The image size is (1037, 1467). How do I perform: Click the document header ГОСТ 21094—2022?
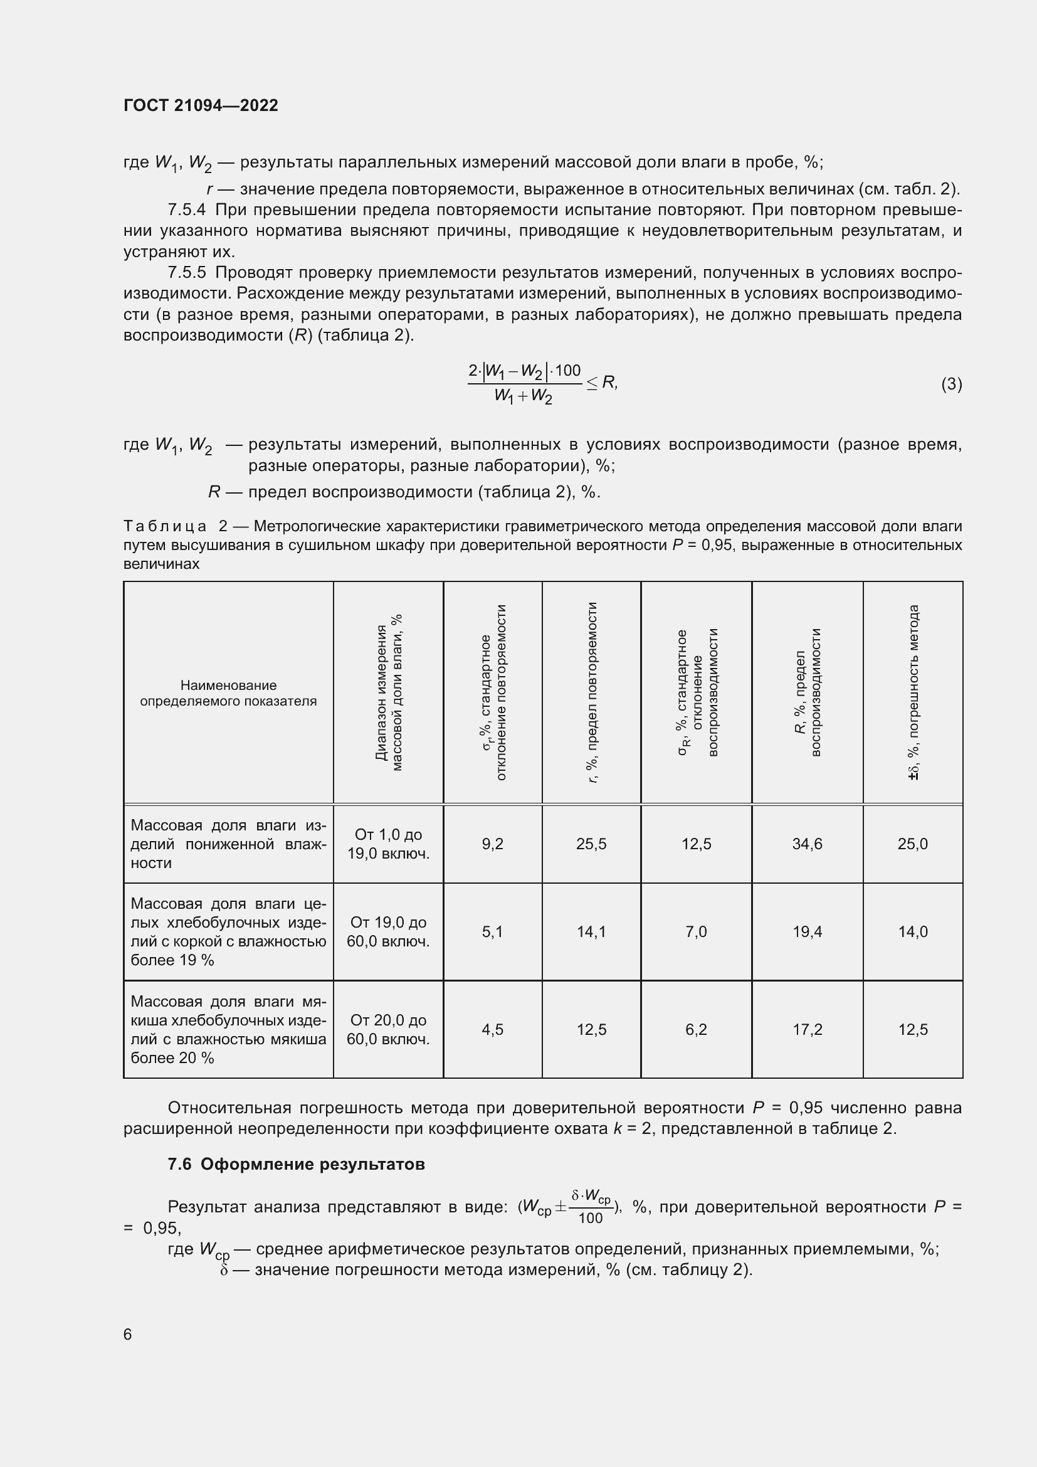[x=201, y=105]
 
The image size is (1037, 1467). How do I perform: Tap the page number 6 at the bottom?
[x=128, y=1334]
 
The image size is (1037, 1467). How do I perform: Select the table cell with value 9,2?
[x=492, y=844]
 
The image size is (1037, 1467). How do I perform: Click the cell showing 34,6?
[x=807, y=844]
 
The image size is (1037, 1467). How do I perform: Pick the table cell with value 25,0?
[x=912, y=844]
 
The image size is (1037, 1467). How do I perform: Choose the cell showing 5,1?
[x=492, y=931]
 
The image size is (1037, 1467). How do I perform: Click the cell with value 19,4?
[x=807, y=931]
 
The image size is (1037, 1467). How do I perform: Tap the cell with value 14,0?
[x=912, y=931]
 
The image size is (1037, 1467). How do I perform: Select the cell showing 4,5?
[x=492, y=1029]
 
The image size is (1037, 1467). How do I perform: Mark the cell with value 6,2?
[x=696, y=1029]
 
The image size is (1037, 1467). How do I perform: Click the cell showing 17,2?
[x=807, y=1029]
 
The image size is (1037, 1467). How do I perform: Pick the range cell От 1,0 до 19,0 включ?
[x=388, y=844]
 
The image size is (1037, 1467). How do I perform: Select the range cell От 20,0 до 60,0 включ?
[x=388, y=1029]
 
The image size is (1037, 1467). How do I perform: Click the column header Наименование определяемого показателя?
[x=228, y=693]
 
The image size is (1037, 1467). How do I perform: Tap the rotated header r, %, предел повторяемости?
[x=592, y=692]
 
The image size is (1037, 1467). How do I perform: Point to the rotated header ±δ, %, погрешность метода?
[x=913, y=692]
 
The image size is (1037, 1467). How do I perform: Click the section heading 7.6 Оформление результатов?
[x=297, y=1164]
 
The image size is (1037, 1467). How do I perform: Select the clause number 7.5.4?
[x=186, y=209]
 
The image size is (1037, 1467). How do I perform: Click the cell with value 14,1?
[x=591, y=931]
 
